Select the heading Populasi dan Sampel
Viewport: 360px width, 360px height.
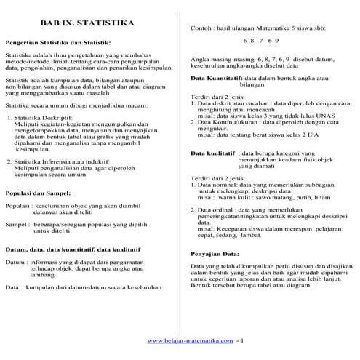(x=38, y=194)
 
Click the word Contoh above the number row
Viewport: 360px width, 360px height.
(x=200, y=26)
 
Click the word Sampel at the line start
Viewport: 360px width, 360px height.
(x=15, y=226)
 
